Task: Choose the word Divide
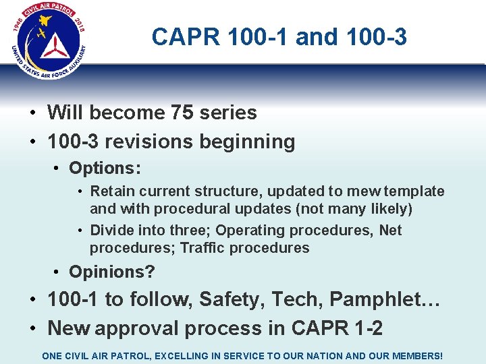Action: (x=113, y=231)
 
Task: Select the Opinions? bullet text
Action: (x=112, y=272)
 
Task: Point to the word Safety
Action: (x=230, y=299)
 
